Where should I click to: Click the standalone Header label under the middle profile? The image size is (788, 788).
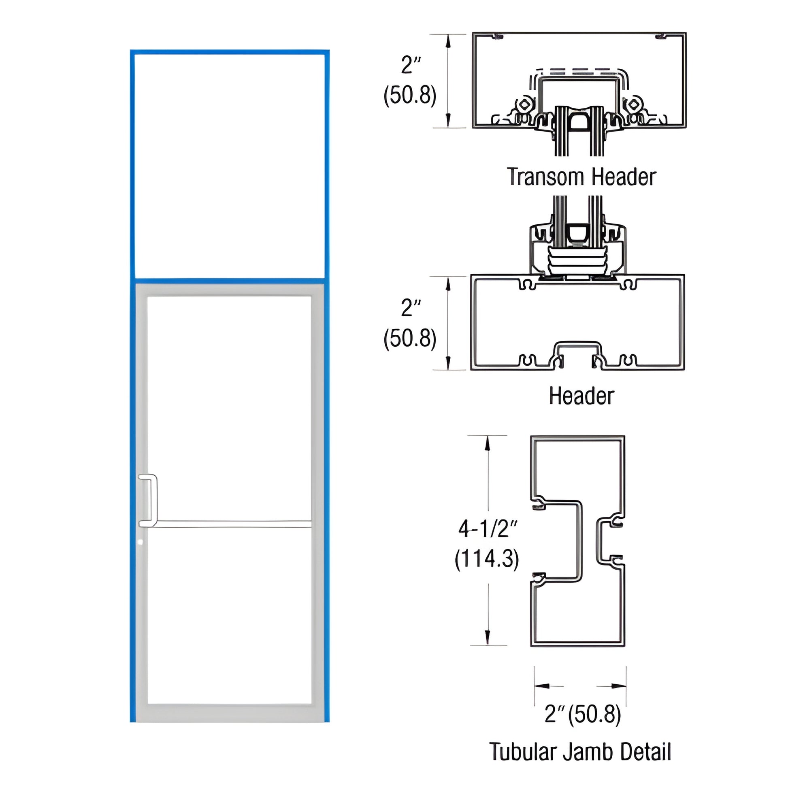(581, 396)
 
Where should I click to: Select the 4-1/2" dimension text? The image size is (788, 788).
(488, 529)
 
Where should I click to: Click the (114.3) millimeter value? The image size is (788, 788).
(487, 558)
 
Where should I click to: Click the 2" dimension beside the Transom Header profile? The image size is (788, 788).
(411, 65)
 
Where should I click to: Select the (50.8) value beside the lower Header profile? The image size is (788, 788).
(410, 338)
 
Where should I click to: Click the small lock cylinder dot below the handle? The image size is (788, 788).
(141, 542)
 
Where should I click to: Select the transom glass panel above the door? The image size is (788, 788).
(229, 165)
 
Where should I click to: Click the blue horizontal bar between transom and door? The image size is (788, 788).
(229, 281)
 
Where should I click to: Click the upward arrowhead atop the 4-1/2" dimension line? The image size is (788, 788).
(487, 443)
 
